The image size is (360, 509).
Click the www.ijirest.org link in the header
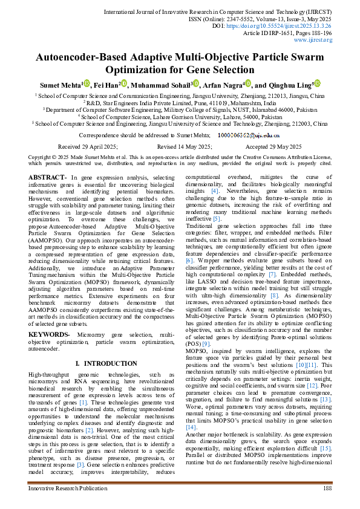pyautogui.click(x=313, y=40)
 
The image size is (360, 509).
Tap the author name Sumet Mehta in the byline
pyautogui.click(x=60, y=85)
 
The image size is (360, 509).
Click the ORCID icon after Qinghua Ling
pyautogui.click(x=317, y=84)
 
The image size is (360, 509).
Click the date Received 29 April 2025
pyautogui.click(x=88, y=147)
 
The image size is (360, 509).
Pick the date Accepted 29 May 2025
pyautogui.click(x=273, y=147)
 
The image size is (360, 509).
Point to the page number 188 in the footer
pyautogui.click(x=327, y=487)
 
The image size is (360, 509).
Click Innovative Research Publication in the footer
pyautogui.click(x=64, y=487)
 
